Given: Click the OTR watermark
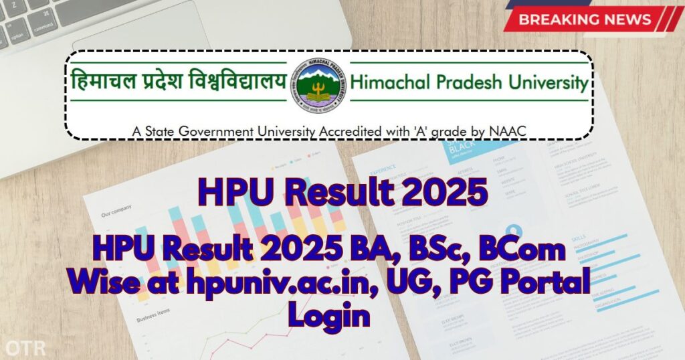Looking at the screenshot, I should [x=21, y=348].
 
